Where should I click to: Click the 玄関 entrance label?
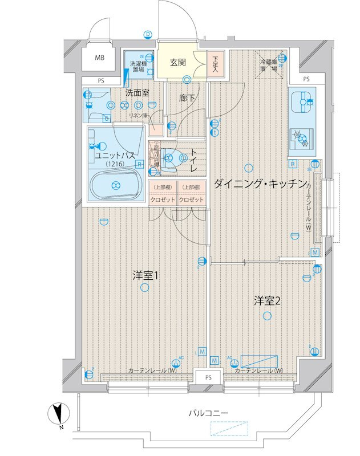[177, 62]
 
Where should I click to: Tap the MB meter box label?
[100, 58]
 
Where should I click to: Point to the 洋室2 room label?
[266, 300]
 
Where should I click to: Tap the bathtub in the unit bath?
[116, 185]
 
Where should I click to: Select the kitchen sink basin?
[301, 103]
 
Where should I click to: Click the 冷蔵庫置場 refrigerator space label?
[269, 65]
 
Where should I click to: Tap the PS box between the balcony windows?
[208, 378]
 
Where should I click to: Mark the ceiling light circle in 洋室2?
[266, 316]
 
